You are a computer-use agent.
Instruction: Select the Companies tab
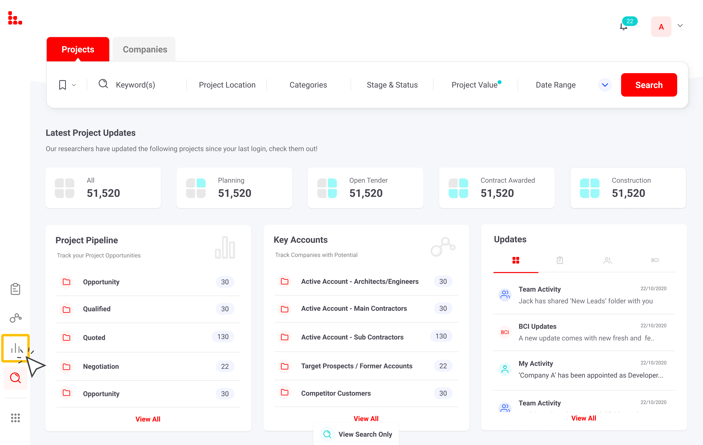[145, 49]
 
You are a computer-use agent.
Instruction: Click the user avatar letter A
[661, 27]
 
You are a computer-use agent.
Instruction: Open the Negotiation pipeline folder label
[101, 366]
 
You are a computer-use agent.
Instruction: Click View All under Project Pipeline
[148, 419]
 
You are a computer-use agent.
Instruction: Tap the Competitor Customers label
[336, 393]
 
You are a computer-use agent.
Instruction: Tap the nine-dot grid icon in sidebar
[15, 418]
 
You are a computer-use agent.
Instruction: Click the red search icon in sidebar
[15, 378]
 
